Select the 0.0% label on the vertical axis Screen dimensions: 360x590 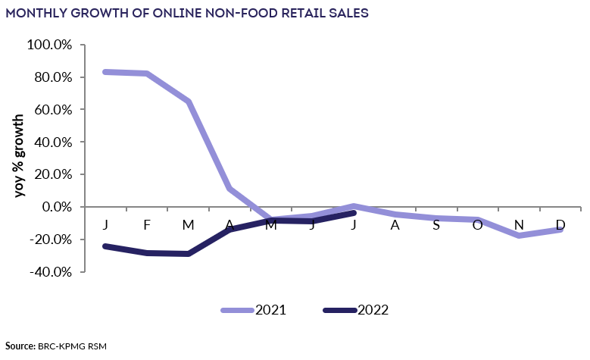tap(55, 207)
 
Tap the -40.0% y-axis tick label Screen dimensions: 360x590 tap(49, 271)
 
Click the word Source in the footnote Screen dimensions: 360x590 tap(20, 346)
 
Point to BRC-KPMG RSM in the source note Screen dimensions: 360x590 tap(73, 346)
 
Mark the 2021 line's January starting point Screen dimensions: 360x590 tap(105, 72)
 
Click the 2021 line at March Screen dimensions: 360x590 tap(189, 101)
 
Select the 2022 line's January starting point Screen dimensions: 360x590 tap(105, 246)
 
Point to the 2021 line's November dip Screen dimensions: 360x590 tap(519, 236)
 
